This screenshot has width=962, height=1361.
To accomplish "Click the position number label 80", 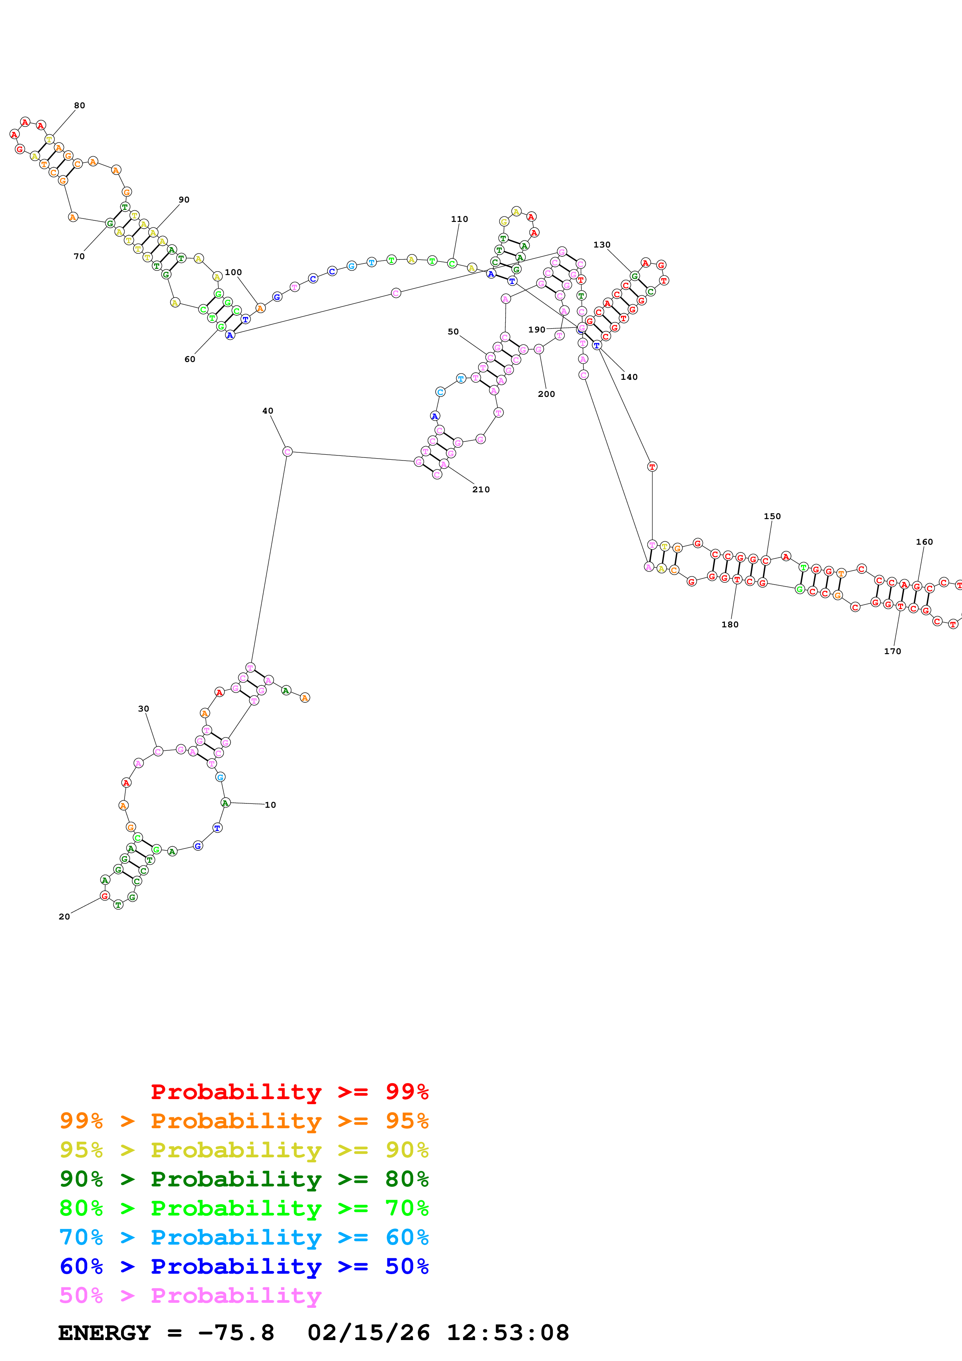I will coord(80,106).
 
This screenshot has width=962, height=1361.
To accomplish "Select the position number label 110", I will coord(459,219).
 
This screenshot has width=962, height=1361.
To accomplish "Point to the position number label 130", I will coord(601,245).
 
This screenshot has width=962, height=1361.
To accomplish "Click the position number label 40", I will coord(268,411).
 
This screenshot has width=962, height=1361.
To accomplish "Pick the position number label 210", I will coord(481,490).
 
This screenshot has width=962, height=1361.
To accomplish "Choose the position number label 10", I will coord(270,805).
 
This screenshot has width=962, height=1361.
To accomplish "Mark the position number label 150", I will coord(772,516).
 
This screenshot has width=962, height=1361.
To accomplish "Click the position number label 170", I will coord(893,651).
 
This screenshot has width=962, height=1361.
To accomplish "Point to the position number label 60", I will coord(190,359).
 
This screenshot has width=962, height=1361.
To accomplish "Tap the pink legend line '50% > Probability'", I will coord(190,1296).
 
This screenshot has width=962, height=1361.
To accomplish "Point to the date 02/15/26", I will coord(368,1333).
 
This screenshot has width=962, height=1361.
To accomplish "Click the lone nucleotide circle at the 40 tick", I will coord(288,452).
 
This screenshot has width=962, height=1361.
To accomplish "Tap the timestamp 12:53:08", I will coord(507,1333).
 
